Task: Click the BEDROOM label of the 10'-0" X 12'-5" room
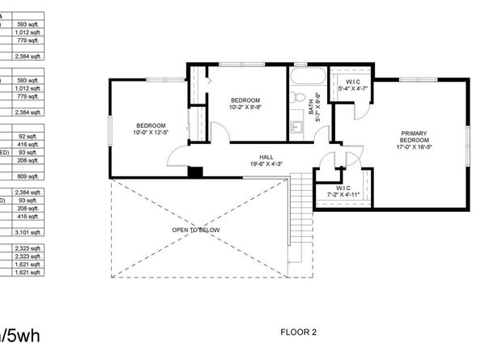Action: (151, 125)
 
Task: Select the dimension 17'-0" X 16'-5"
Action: (413, 147)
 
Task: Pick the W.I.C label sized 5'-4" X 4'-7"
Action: (353, 82)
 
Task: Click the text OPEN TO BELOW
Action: (196, 230)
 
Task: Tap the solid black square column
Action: (194, 171)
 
